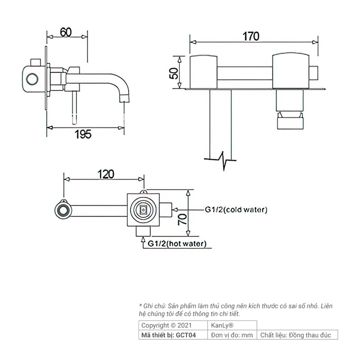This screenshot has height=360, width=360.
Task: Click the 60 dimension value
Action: pyautogui.click(x=66, y=32)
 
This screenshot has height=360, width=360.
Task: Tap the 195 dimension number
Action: pyautogui.click(x=83, y=134)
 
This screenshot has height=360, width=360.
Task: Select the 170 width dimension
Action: pyautogui.click(x=251, y=36)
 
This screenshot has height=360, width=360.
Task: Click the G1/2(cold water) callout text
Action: pyautogui.click(x=236, y=210)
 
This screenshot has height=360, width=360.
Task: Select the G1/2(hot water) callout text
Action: pyautogui.click(x=177, y=244)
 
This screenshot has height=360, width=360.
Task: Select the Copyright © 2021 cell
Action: pyautogui.click(x=166, y=325)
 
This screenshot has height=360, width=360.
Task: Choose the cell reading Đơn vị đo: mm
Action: pyautogui.click(x=231, y=335)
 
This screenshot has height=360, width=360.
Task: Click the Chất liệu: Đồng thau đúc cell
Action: pyautogui.click(x=297, y=335)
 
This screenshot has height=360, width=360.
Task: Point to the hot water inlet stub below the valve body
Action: pyautogui.click(x=143, y=230)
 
